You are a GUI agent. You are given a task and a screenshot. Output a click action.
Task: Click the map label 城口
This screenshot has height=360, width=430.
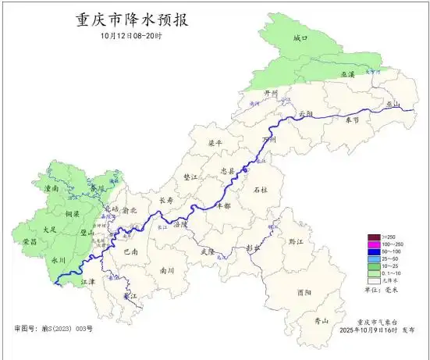(x=301, y=38)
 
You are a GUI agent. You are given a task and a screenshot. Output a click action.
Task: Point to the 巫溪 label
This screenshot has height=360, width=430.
(x=346, y=74)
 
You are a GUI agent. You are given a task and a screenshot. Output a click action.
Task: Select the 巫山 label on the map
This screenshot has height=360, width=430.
(x=393, y=105)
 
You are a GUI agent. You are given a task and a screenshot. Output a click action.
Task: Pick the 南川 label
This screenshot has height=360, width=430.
(x=166, y=270)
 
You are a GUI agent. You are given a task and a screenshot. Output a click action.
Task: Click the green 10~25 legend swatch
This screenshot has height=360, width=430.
(x=375, y=267)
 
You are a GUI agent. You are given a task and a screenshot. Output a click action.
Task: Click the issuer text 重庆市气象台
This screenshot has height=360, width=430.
(x=377, y=321)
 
